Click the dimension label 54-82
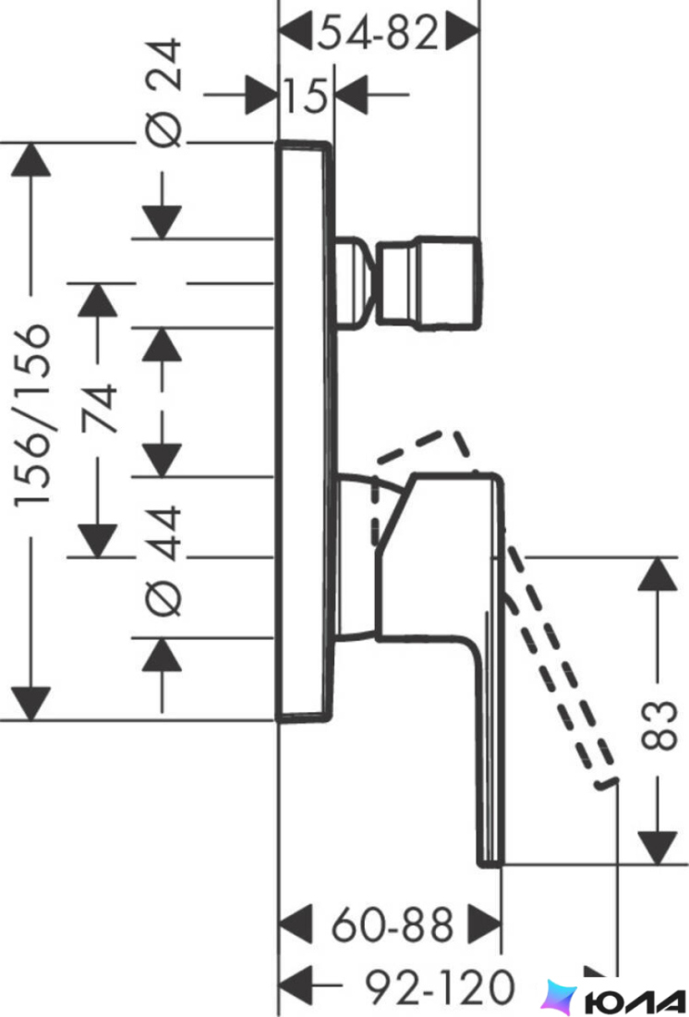tap(379, 33)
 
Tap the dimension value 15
tap(305, 97)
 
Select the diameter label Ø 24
tap(162, 92)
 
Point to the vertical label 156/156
tap(32, 414)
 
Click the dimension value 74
tap(99, 409)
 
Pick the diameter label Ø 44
tap(162, 562)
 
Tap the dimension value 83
tap(659, 725)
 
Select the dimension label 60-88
tap(393, 925)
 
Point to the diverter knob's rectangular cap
tap(429, 284)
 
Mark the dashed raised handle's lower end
tap(607, 783)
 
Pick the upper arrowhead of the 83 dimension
tap(658, 573)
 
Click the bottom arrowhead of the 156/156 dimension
tap(31, 703)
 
